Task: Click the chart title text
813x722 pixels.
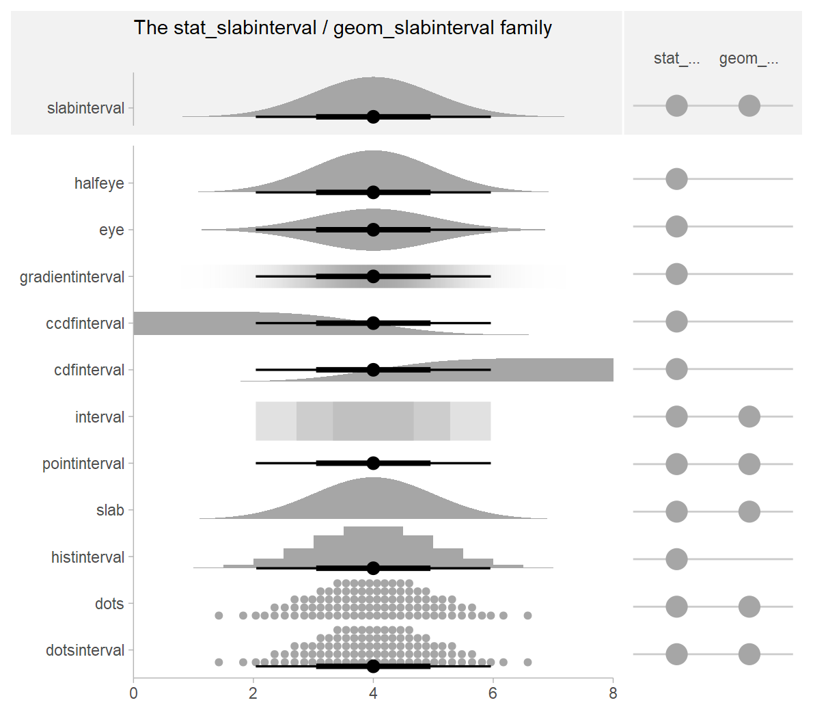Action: (342, 28)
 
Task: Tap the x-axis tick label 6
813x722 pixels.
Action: (493, 694)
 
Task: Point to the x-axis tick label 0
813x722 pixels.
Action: (133, 694)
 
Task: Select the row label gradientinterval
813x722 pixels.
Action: (72, 277)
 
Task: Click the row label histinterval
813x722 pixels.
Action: (87, 557)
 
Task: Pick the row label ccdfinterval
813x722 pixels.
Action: (85, 323)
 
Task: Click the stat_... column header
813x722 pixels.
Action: (676, 59)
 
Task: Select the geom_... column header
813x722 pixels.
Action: (749, 59)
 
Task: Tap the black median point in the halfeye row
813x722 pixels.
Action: (373, 192)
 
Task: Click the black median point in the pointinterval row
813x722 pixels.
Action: (373, 464)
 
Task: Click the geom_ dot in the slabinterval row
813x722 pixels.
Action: (749, 106)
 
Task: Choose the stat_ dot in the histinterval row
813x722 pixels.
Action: (676, 559)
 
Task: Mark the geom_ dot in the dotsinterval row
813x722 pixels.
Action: (749, 654)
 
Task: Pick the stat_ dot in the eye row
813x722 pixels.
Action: (676, 226)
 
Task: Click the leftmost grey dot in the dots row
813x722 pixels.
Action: (219, 615)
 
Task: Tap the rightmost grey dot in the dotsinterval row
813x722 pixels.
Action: (527, 662)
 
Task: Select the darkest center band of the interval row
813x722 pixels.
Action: (373, 421)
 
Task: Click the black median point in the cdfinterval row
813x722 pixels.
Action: (373, 370)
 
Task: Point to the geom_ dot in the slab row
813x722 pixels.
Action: (749, 511)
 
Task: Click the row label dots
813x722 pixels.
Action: (109, 604)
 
